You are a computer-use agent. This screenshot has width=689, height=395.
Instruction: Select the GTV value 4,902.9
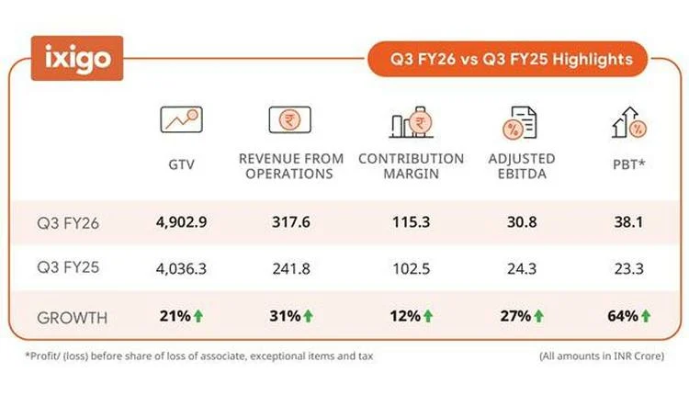(x=180, y=222)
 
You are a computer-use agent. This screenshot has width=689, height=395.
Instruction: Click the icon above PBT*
(x=627, y=120)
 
